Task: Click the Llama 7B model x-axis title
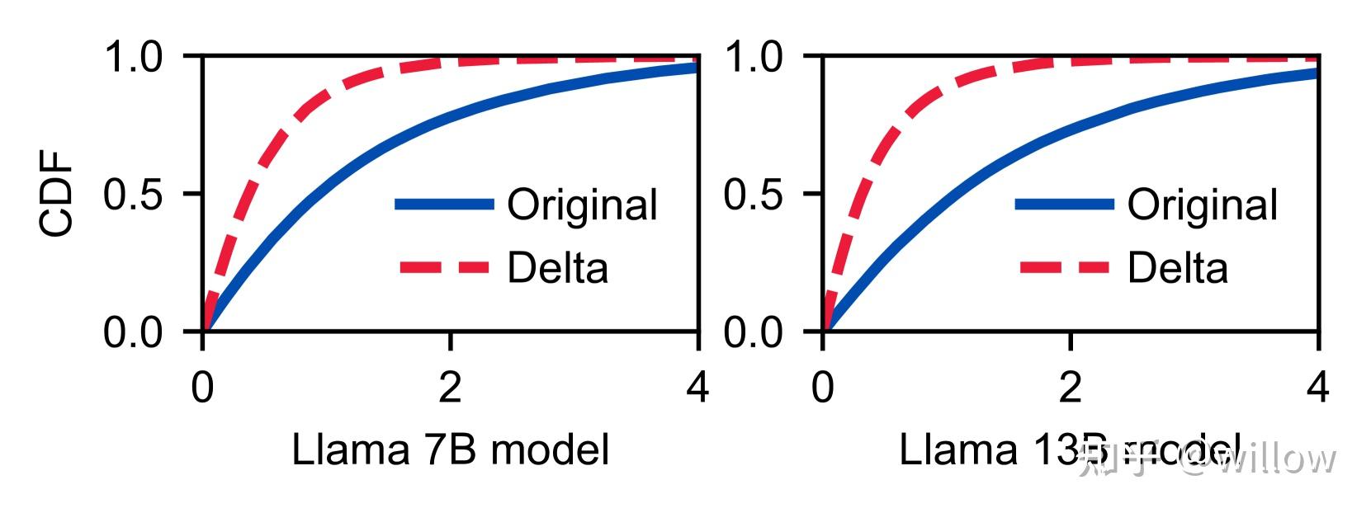click(450, 450)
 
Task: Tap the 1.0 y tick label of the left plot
click(135, 58)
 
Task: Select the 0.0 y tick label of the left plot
click(135, 333)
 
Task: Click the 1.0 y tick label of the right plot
click(755, 58)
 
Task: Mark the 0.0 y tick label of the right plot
click(755, 333)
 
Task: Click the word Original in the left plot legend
click(582, 205)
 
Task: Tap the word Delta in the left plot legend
click(557, 268)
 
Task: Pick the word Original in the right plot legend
click(1203, 205)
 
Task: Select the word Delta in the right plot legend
click(1178, 268)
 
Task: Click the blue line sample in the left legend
click(444, 205)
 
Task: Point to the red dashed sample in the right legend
click(1065, 267)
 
